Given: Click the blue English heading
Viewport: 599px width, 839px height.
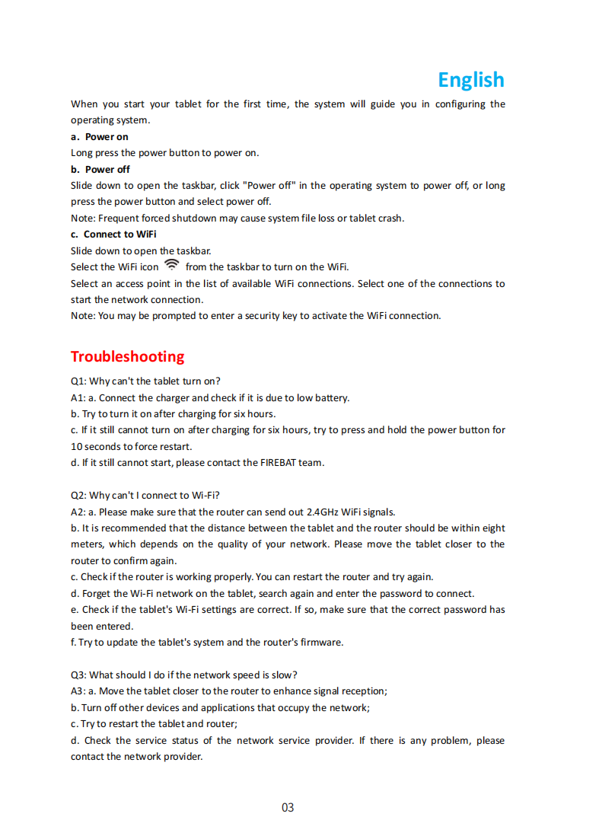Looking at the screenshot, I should [470, 80].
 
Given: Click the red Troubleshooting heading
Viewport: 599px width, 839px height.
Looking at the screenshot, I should [127, 356].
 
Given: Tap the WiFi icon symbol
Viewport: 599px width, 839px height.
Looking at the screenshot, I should [172, 265].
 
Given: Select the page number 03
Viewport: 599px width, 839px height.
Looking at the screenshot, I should [288, 807].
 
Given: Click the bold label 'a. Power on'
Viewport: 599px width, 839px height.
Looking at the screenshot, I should [99, 137].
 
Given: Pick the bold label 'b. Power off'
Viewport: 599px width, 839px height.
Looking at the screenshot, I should [100, 169].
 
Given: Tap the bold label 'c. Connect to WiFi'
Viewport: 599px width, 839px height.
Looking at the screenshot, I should [113, 234].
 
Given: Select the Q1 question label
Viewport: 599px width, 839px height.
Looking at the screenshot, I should [78, 381].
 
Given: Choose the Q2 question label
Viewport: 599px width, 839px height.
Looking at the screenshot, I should [78, 495].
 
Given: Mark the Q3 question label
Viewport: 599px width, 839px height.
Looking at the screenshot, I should [78, 675].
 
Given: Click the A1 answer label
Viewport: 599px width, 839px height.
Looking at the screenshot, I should [78, 397].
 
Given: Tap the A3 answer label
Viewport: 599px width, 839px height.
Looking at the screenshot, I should [78, 691].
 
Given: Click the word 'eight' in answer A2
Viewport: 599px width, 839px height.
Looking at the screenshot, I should [492, 528].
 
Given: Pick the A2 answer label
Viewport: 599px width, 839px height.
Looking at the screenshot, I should [78, 512].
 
